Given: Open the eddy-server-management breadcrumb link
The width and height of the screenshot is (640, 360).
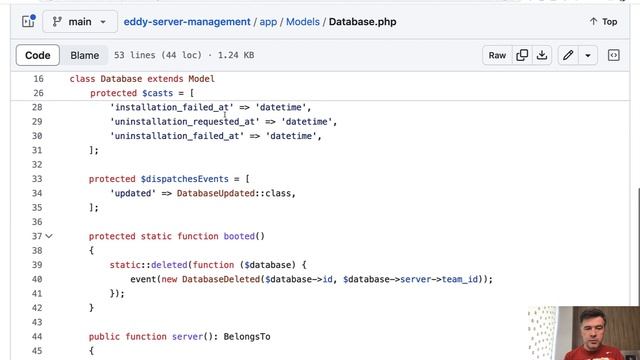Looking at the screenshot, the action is click(187, 21).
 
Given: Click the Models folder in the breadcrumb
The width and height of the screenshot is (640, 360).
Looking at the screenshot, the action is click(303, 21).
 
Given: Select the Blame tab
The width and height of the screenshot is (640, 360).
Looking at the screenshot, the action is click(85, 56).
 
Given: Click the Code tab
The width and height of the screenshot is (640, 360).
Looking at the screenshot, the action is click(38, 56).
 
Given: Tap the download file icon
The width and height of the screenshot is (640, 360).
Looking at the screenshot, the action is click(542, 56).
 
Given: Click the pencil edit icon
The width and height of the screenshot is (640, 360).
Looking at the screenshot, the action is click(568, 56).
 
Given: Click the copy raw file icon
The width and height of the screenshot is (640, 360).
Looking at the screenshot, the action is click(522, 56).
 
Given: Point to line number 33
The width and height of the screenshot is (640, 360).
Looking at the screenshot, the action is click(38, 179).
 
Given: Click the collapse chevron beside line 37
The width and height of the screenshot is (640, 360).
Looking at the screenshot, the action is click(49, 236).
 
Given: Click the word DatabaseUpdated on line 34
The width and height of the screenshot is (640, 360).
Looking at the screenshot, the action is click(214, 193).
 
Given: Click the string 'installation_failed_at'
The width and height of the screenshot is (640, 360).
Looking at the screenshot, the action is click(171, 107).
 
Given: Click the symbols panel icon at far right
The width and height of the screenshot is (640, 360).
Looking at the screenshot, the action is click(614, 56).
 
